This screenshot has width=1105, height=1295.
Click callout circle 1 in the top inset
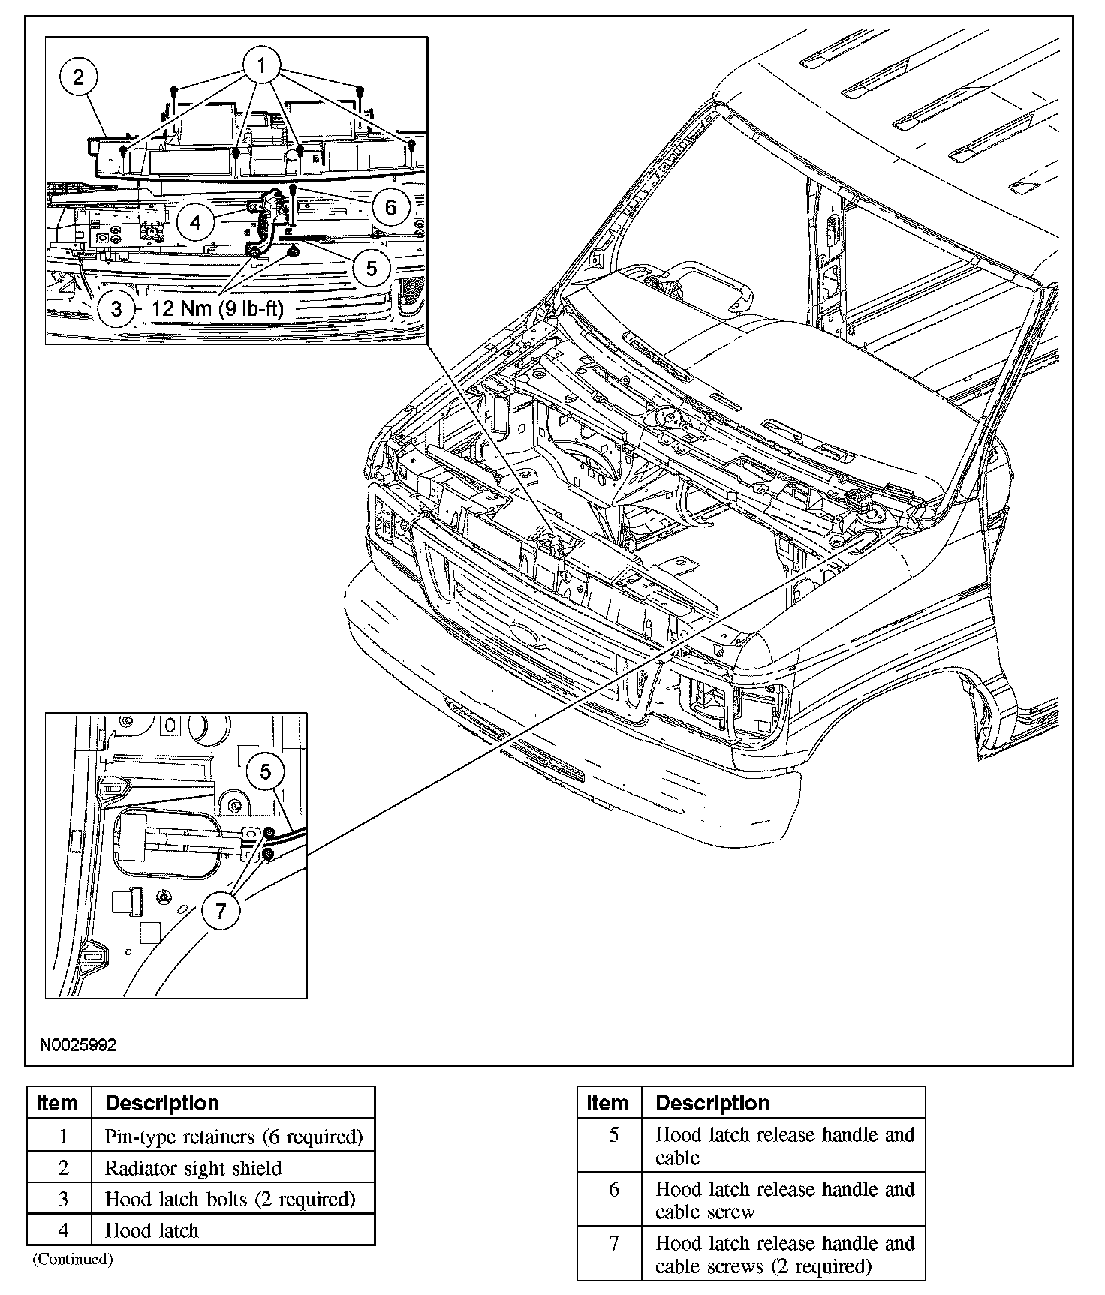point(260,66)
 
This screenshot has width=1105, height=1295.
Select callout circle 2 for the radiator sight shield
point(80,77)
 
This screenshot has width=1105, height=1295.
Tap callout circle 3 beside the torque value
point(116,308)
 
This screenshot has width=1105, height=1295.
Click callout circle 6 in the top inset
point(390,206)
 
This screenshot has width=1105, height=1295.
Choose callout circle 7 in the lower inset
point(221,910)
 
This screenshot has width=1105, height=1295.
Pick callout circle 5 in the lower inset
point(266,772)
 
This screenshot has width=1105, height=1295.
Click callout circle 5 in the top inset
point(372,266)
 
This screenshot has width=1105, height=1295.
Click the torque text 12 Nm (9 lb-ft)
point(218,308)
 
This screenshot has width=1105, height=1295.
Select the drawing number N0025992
point(78,1045)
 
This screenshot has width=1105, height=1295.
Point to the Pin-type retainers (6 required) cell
point(233,1137)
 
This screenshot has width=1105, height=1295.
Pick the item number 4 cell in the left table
point(63,1230)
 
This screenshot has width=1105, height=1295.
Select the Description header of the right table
point(712,1103)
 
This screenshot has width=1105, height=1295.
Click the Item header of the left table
point(57,1103)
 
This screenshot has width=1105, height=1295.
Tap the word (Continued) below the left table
point(72,1259)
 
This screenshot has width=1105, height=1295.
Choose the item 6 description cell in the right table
point(784,1200)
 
